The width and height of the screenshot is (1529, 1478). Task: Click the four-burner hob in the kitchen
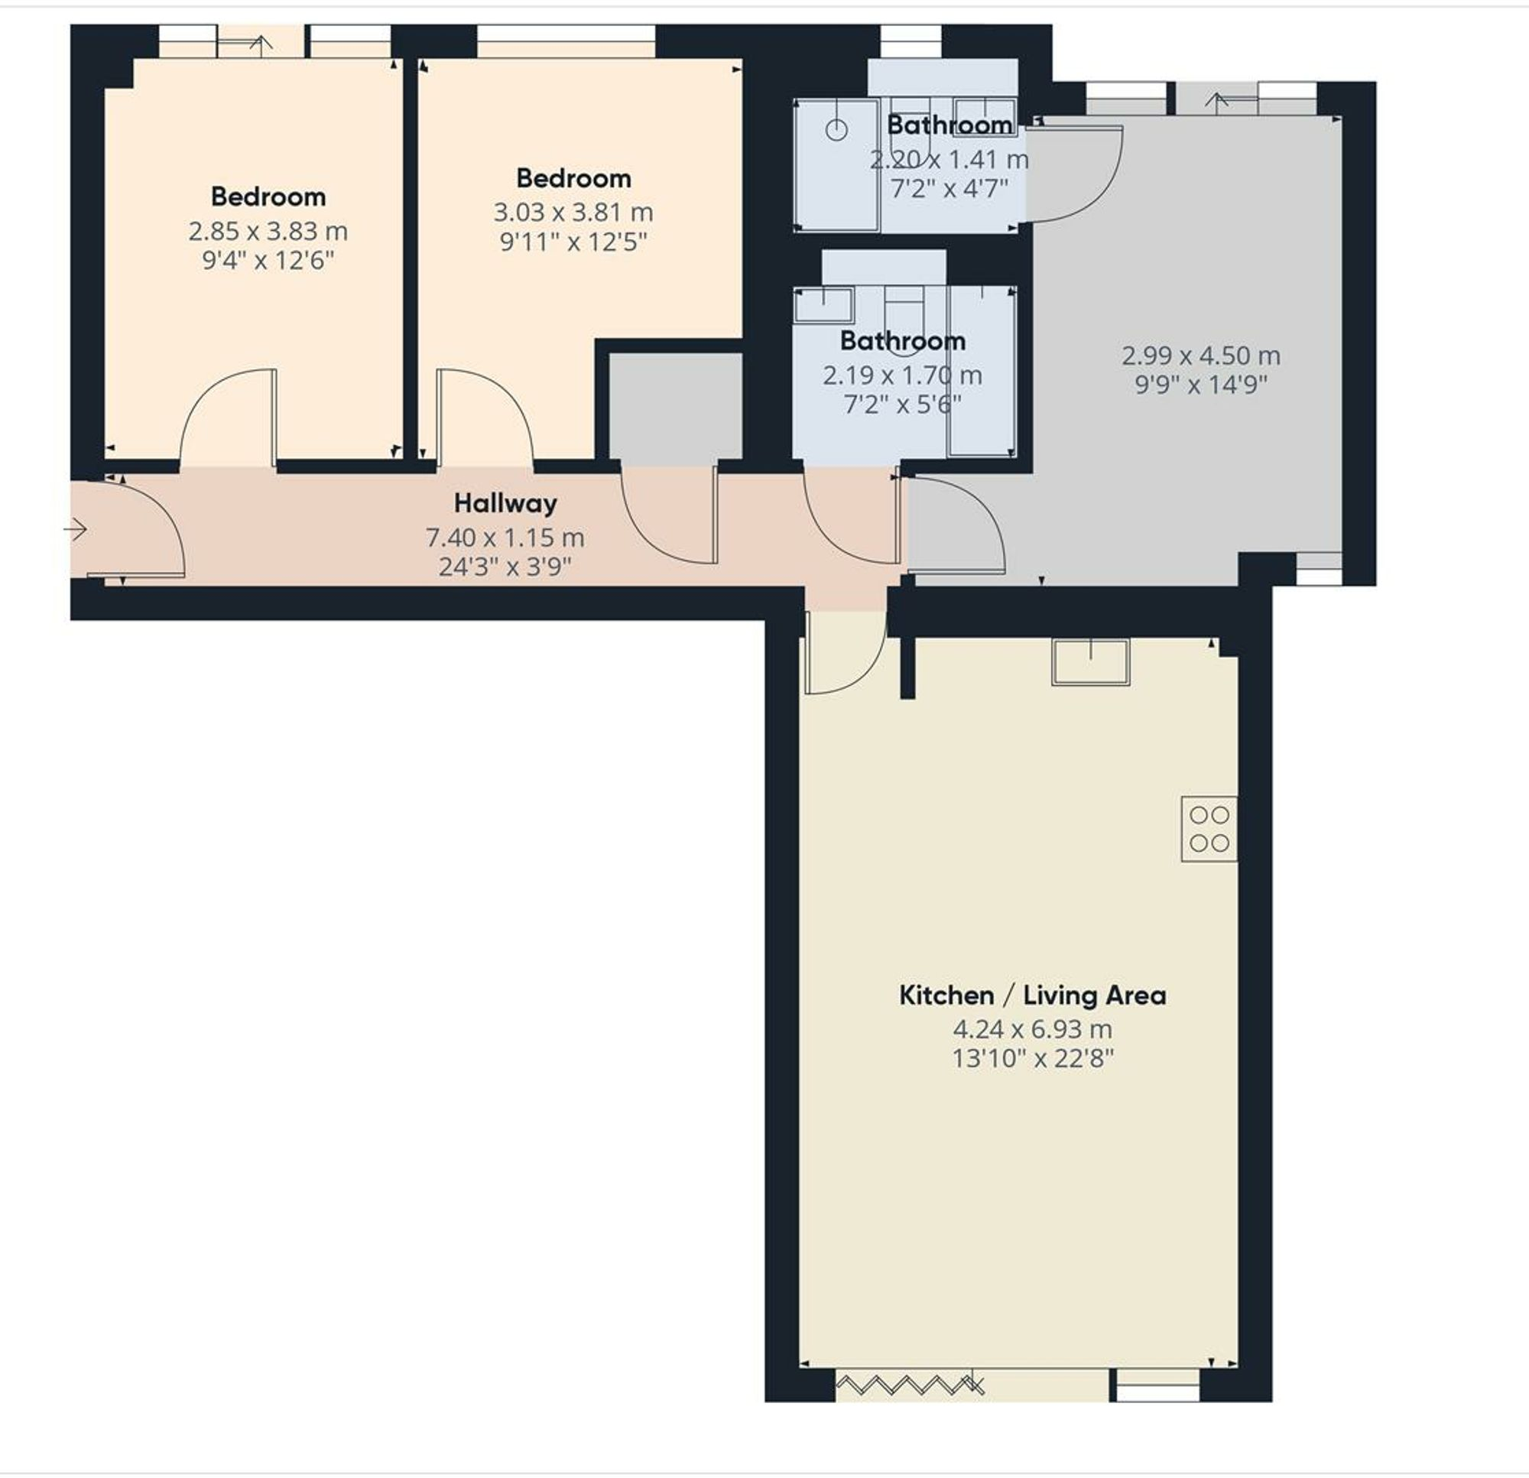pyautogui.click(x=1209, y=829)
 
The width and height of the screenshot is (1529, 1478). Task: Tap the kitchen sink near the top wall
pyautogui.click(x=1091, y=661)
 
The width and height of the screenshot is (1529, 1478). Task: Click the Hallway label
pyautogui.click(x=505, y=503)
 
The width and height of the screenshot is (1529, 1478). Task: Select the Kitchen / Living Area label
pyautogui.click(x=1032, y=995)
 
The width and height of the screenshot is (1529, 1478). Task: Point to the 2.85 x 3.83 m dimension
pyautogui.click(x=268, y=231)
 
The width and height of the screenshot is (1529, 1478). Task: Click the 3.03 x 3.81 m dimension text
pyautogui.click(x=573, y=213)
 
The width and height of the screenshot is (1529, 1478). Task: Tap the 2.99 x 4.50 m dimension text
pyautogui.click(x=1200, y=356)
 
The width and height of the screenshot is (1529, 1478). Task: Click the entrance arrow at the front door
pyautogui.click(x=76, y=531)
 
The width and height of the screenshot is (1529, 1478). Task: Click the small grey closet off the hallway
pyautogui.click(x=675, y=406)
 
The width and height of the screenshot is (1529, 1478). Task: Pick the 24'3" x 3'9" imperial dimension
pyautogui.click(x=505, y=567)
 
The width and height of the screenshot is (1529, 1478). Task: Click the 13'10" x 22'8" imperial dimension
pyautogui.click(x=1032, y=1058)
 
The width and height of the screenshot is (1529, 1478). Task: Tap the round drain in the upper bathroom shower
pyautogui.click(x=836, y=129)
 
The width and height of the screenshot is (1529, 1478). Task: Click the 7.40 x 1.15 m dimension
pyautogui.click(x=505, y=538)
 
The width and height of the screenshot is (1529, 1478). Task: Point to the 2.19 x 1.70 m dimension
pyautogui.click(x=902, y=375)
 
